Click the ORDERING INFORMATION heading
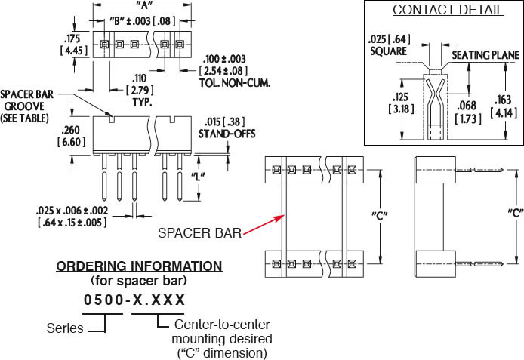140,266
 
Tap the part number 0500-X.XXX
134,300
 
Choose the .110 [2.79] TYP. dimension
140,89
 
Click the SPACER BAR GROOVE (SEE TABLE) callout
29,106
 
